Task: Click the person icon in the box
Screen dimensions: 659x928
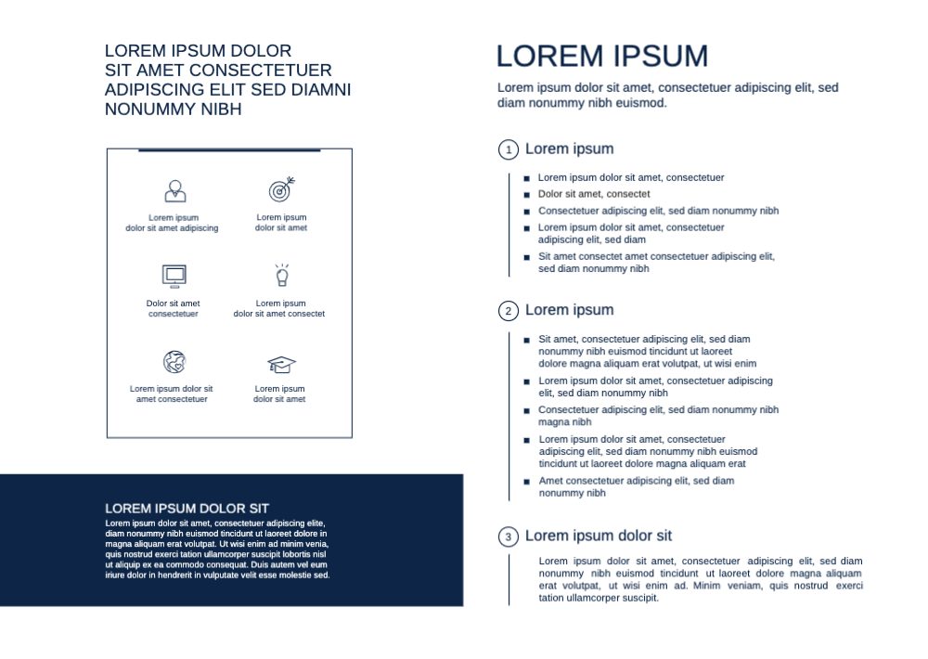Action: [175, 191]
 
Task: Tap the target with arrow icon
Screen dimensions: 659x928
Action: [281, 190]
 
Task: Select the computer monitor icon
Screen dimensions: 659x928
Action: [174, 275]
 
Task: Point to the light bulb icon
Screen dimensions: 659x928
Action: [281, 275]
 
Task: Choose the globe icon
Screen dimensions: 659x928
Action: [174, 362]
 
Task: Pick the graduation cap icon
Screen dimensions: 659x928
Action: [281, 364]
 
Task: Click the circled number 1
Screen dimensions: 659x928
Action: [508, 150]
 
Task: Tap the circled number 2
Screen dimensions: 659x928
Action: [508, 312]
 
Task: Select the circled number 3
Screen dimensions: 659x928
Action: [508, 537]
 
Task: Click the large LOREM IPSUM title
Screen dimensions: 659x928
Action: [602, 57]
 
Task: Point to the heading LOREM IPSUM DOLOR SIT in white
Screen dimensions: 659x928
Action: [187, 509]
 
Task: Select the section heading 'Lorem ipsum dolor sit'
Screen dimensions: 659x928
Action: [599, 536]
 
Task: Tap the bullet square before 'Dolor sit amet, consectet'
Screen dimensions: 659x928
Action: [526, 195]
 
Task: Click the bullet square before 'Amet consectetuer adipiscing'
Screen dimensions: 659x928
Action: [526, 482]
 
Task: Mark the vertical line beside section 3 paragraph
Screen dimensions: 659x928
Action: [509, 580]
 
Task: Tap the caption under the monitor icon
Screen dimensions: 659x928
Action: [174, 308]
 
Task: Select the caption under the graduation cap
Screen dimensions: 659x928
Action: [280, 394]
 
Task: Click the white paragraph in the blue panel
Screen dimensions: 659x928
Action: [217, 549]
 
